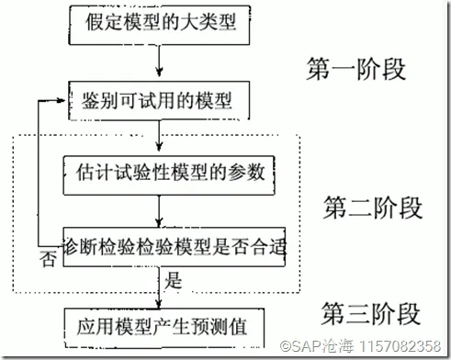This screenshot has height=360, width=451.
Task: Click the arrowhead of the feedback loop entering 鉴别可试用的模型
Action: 64,96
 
